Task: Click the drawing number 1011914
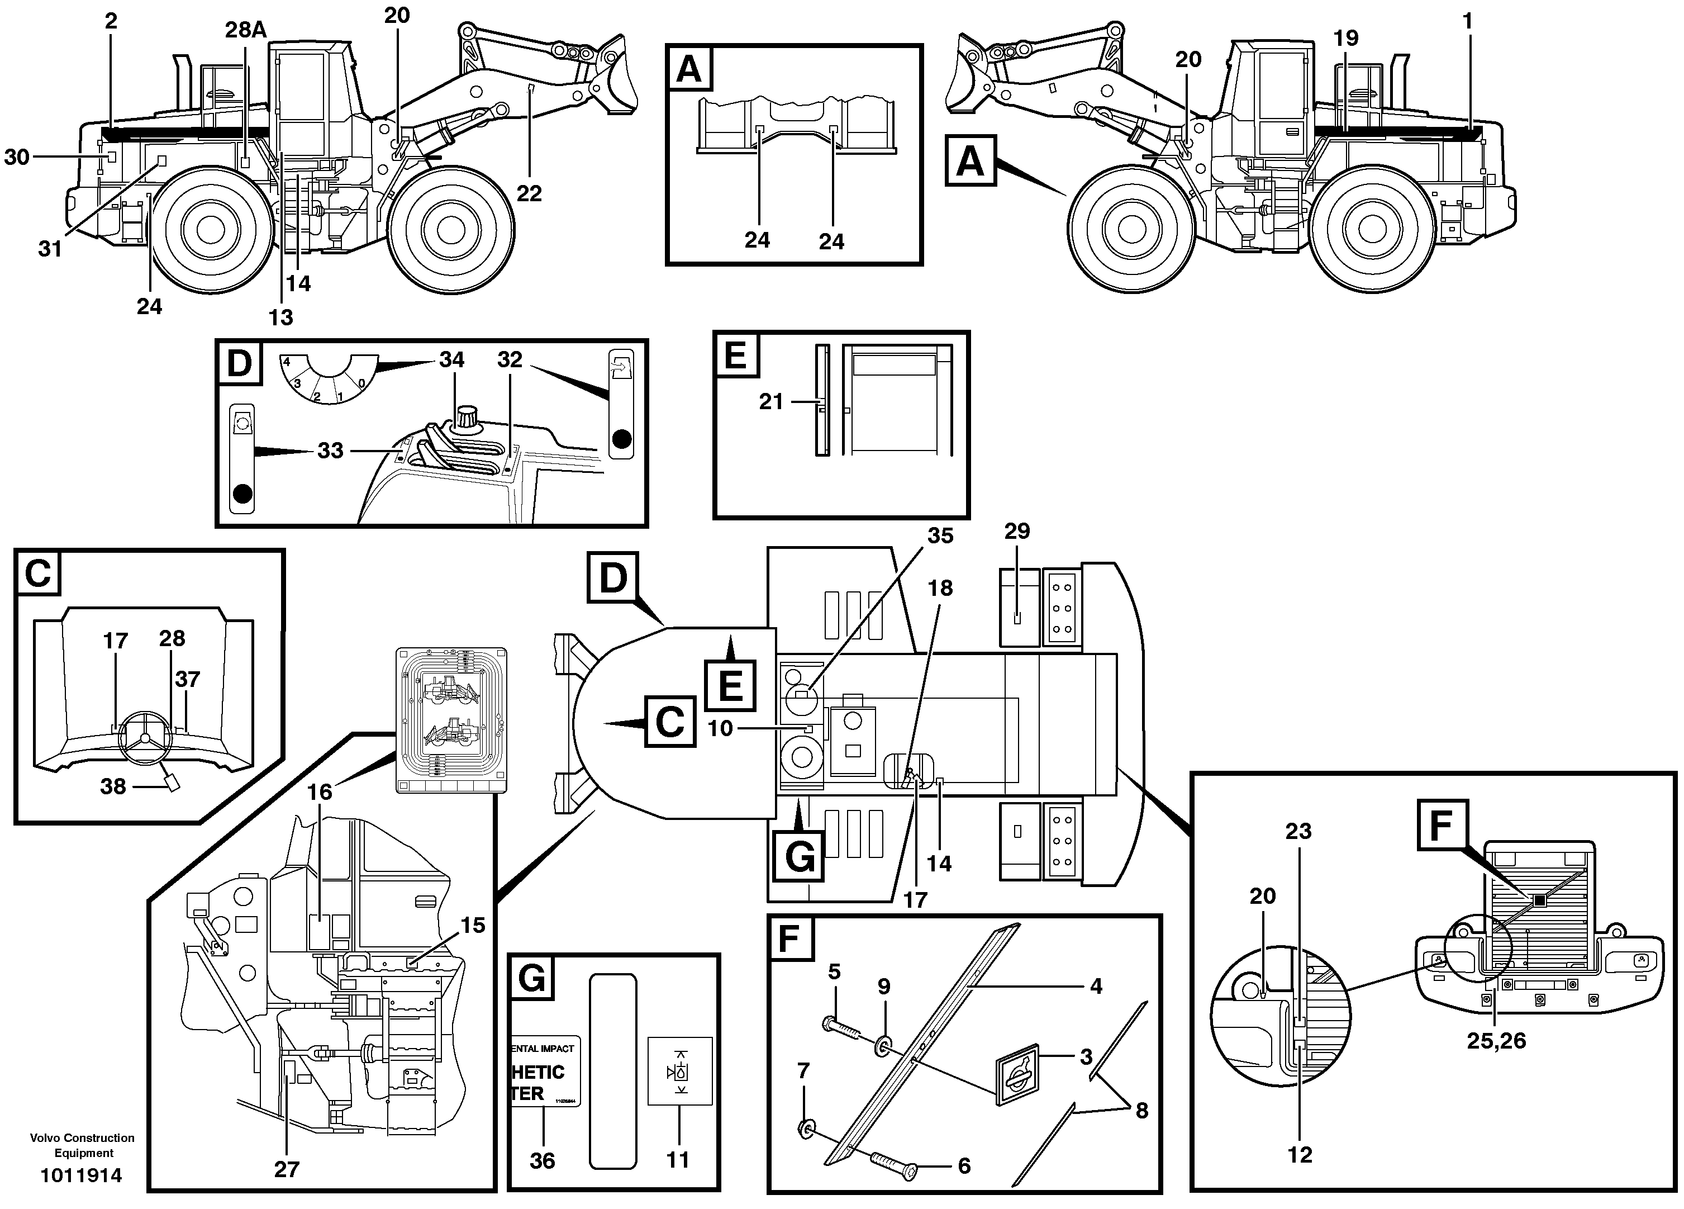[81, 1175]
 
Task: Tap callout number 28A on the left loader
[246, 30]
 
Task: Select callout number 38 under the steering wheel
[113, 786]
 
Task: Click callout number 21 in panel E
[770, 402]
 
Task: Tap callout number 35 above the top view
[940, 535]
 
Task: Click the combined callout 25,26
[1496, 1040]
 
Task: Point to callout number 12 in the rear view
[1300, 1154]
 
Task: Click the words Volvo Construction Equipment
[83, 1145]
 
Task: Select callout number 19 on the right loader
[1345, 39]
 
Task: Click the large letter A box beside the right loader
[970, 160]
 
